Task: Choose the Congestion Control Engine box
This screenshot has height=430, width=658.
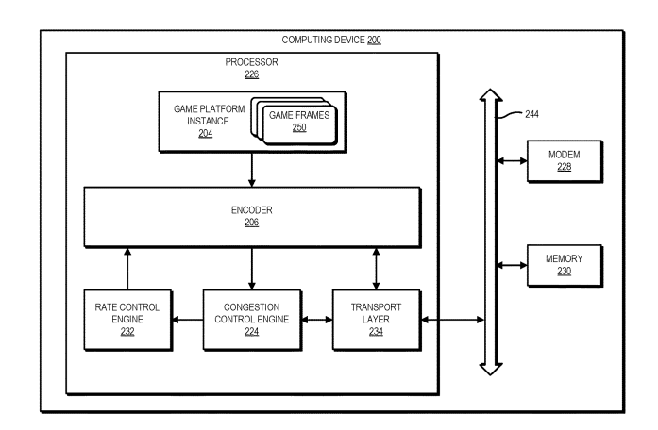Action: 251,320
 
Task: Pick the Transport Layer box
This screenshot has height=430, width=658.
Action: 377,320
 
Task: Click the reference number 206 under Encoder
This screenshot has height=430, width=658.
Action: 251,223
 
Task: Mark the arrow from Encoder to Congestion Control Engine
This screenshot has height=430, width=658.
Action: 251,267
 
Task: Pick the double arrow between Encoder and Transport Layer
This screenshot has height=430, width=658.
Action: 377,267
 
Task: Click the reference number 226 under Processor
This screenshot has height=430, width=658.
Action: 252,74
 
